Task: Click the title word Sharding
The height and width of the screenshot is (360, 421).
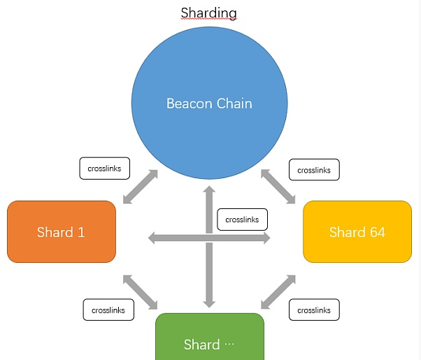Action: (208, 13)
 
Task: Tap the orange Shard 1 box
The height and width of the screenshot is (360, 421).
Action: (61, 231)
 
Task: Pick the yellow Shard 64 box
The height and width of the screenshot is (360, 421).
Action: (357, 231)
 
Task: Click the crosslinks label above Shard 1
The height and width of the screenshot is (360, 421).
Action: (104, 168)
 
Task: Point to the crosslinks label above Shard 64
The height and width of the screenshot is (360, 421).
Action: (314, 169)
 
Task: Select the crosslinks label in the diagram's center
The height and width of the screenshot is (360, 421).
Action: (242, 219)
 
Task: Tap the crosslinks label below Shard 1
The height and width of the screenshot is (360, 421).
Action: (108, 310)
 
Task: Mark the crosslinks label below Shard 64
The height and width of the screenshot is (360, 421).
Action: (314, 310)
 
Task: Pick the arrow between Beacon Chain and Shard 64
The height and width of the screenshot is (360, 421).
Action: (278, 186)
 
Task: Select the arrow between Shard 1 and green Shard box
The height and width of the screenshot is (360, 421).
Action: (141, 291)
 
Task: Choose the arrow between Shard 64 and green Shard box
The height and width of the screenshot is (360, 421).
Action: (278, 291)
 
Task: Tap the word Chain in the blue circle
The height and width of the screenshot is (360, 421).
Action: (232, 103)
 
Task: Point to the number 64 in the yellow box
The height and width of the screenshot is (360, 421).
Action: (376, 231)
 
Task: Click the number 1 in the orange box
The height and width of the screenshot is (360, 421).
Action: (80, 231)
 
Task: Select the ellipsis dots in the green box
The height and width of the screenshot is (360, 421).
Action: (231, 345)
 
